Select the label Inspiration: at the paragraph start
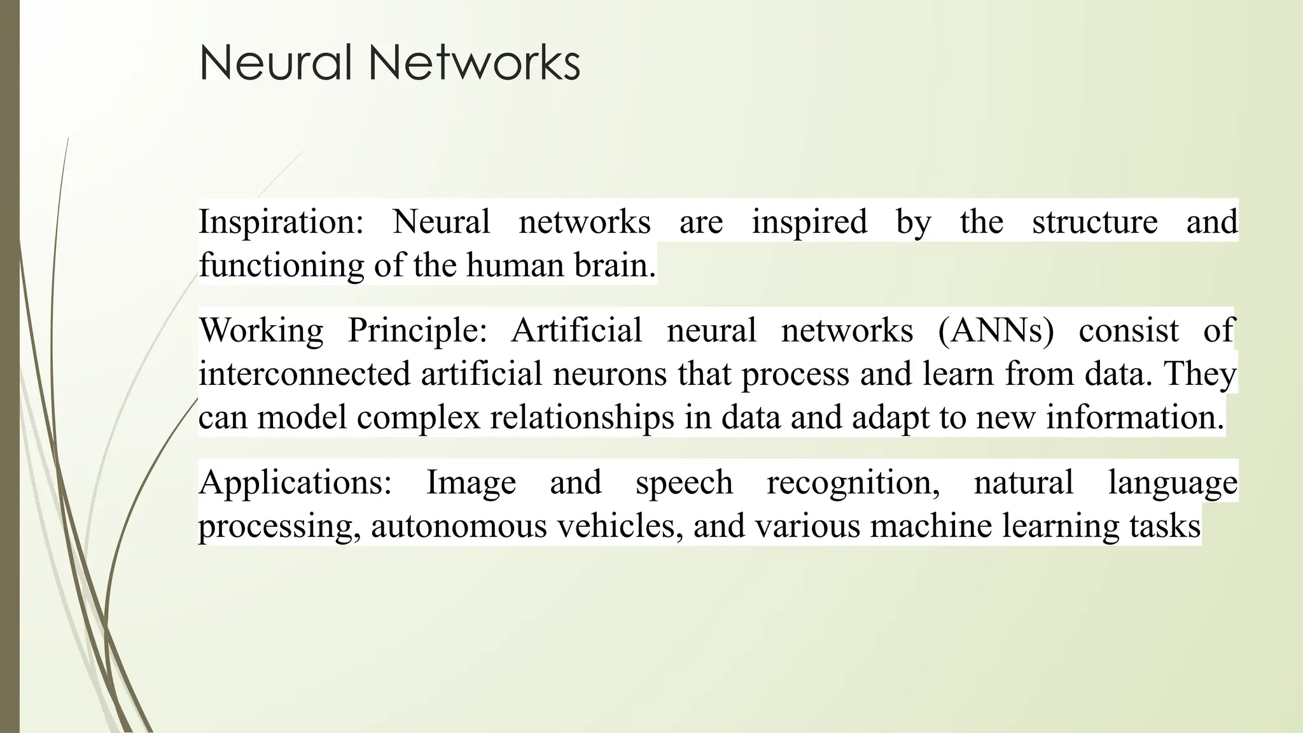tap(281, 223)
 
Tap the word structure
tap(1094, 223)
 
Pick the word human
tap(515, 265)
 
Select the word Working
tap(261, 331)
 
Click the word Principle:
tap(417, 331)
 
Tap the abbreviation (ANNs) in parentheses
tap(996, 331)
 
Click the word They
tap(1200, 373)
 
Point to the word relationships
tap(582, 417)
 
